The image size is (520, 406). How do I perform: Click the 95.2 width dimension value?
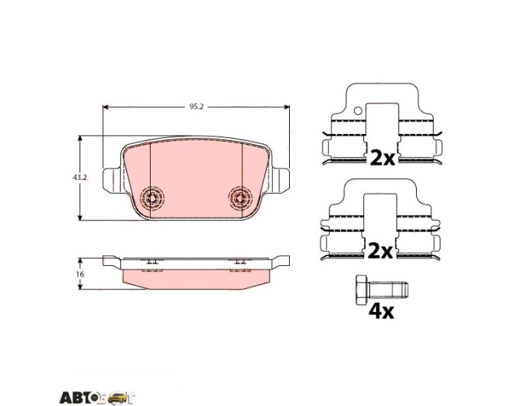point(197,106)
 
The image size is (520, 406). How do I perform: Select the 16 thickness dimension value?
point(80,274)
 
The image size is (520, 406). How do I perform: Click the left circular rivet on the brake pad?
point(152,198)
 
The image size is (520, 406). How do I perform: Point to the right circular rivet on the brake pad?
point(240,198)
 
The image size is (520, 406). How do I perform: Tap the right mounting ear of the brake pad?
point(280,181)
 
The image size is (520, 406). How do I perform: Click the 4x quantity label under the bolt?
point(382,312)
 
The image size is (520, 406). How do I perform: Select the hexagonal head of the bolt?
point(361,290)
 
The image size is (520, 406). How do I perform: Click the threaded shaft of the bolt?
point(388,290)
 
